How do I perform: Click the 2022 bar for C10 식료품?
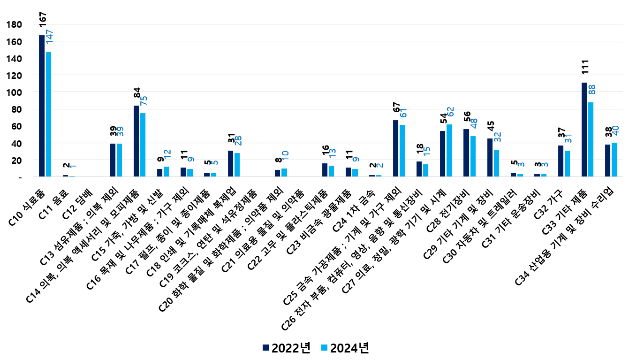pyautogui.click(x=42, y=106)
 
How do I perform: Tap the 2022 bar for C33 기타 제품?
pyautogui.click(x=584, y=130)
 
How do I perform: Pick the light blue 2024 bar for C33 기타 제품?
pyautogui.click(x=591, y=139)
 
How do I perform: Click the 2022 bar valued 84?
pyautogui.click(x=136, y=141)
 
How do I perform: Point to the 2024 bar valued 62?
pyautogui.click(x=449, y=150)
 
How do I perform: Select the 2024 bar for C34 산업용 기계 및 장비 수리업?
pyautogui.click(x=614, y=160)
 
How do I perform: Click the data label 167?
pyautogui.click(x=43, y=19)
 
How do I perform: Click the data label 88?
pyautogui.click(x=591, y=90)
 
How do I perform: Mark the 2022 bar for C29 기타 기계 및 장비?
pyautogui.click(x=490, y=158)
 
